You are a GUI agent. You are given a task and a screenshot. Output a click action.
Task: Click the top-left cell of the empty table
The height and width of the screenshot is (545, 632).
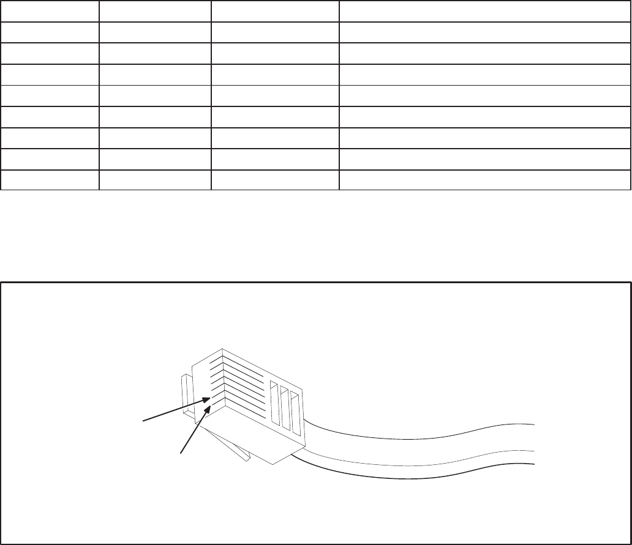click(49, 11)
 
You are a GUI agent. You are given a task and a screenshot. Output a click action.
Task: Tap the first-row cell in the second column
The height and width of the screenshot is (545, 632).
click(155, 11)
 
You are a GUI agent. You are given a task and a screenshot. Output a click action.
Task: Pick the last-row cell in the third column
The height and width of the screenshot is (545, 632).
click(275, 180)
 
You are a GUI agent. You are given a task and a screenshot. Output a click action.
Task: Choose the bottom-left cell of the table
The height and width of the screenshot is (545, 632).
click(49, 180)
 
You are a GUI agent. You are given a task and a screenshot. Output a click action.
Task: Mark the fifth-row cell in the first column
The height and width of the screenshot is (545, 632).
click(49, 97)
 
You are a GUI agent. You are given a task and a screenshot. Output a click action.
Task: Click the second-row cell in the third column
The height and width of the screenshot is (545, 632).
click(275, 32)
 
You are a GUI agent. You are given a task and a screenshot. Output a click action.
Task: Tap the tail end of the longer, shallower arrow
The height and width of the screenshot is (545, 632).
click(144, 420)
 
